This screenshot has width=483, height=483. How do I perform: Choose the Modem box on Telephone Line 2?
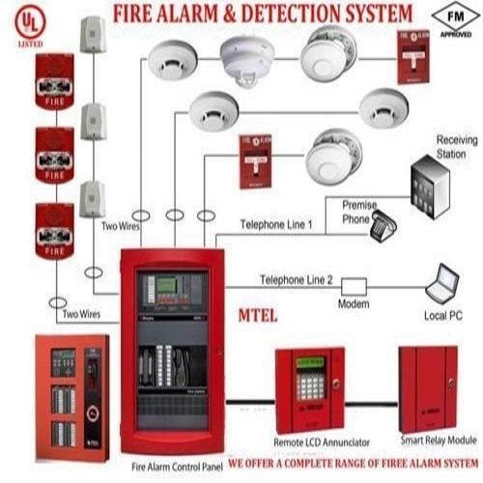(x=353, y=287)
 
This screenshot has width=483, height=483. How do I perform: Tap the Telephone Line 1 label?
(x=276, y=223)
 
